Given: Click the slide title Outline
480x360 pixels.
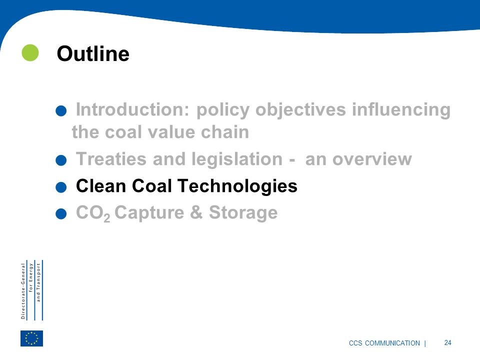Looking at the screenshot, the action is coord(93,53).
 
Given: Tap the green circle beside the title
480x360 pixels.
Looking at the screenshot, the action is coord(30,52).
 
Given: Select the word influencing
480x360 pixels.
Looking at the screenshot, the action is coord(401,110).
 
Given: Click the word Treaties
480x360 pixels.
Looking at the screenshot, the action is coord(111,159).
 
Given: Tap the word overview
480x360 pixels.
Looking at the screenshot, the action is coord(372,159).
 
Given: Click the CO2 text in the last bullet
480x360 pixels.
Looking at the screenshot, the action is coord(93,213).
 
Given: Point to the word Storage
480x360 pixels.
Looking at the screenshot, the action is coord(243,213).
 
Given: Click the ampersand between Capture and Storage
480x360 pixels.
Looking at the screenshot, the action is coord(196,212).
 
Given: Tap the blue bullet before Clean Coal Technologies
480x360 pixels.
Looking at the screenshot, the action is coord(61,187).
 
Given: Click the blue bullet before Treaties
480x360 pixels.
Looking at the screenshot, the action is coord(61,160).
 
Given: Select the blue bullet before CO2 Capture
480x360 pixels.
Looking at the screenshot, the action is coord(61,213).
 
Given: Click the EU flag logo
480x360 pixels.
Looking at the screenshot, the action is coord(32,338).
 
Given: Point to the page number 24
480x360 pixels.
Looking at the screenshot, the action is coord(447,342).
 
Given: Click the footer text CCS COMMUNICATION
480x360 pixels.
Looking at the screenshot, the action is coord(384,343).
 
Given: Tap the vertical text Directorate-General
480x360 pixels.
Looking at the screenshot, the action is coord(23,291).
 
